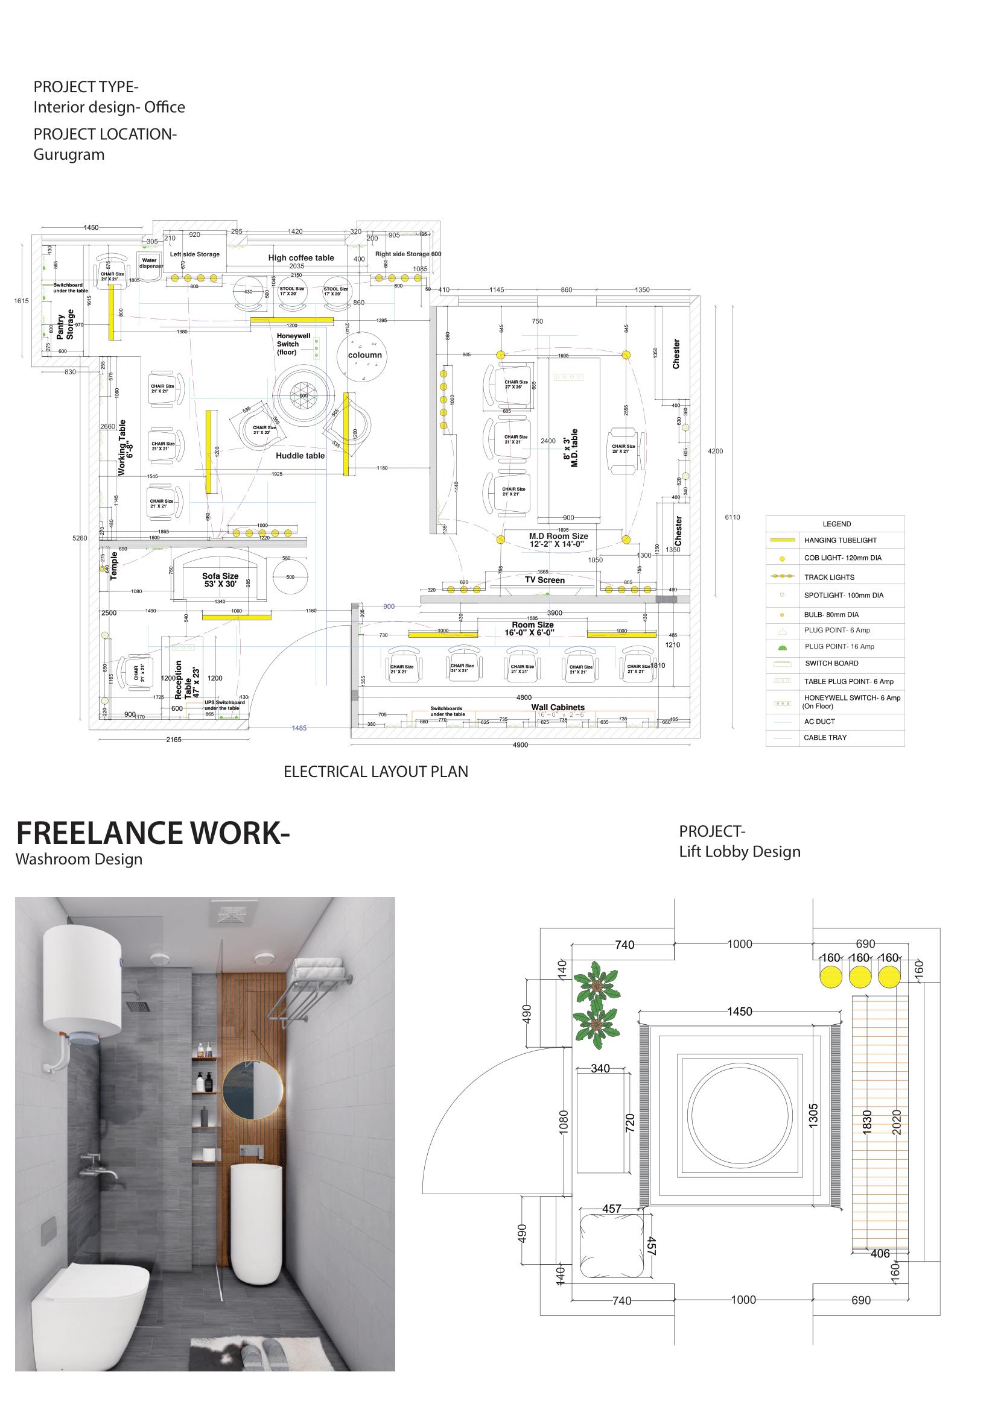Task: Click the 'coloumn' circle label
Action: tap(365, 355)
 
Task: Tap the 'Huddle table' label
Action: tap(300, 456)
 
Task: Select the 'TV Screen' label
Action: tap(544, 580)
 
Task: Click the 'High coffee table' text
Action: tap(301, 258)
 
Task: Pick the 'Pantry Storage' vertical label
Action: tap(65, 324)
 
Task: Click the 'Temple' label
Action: tap(113, 565)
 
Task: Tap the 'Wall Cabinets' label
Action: tap(558, 707)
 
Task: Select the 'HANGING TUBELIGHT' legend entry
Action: tap(840, 540)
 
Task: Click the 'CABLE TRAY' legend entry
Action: tap(825, 737)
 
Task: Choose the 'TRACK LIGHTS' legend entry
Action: tap(829, 578)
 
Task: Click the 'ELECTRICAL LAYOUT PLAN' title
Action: tap(375, 772)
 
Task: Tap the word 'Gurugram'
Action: tap(69, 154)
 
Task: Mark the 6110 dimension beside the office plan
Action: tap(732, 517)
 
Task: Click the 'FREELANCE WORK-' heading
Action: tap(153, 833)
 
